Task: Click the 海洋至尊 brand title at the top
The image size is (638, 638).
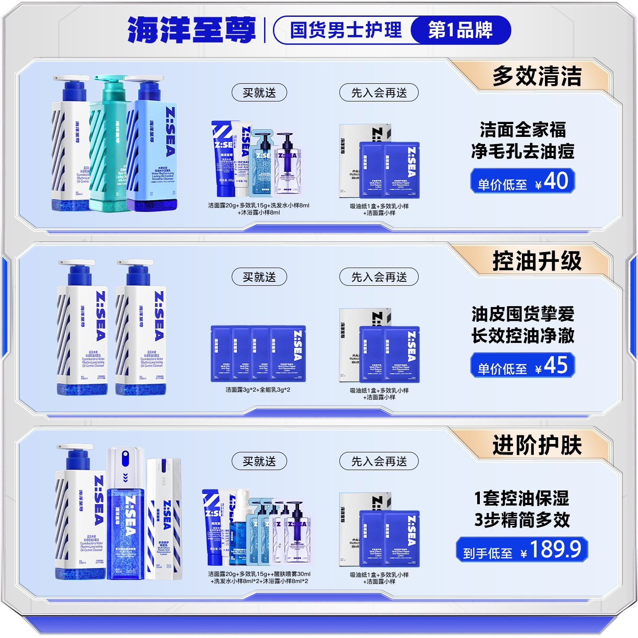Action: click(x=191, y=30)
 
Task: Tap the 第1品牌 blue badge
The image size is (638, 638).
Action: click(x=460, y=30)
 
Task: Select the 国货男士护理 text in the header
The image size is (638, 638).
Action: click(x=346, y=30)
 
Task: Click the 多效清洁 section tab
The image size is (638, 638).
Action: click(x=537, y=76)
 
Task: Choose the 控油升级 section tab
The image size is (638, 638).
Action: click(x=537, y=261)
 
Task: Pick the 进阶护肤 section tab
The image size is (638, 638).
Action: click(x=537, y=445)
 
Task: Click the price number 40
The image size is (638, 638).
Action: click(x=556, y=181)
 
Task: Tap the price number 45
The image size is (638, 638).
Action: click(x=556, y=366)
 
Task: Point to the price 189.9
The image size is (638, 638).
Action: click(x=555, y=550)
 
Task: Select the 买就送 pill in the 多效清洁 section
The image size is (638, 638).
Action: click(x=259, y=93)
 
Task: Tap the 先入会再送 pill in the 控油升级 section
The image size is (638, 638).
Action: click(x=379, y=277)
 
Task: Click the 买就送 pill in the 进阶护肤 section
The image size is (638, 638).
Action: click(x=259, y=461)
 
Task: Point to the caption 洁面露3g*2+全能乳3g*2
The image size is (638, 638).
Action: click(x=258, y=390)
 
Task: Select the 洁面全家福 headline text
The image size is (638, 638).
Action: click(x=523, y=130)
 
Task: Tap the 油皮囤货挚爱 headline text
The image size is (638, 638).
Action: click(x=523, y=314)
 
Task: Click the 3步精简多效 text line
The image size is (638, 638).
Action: click(x=523, y=520)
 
